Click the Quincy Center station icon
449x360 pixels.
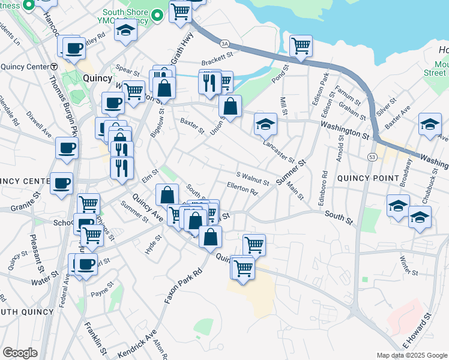point(54,67)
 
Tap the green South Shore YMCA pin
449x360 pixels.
point(158,15)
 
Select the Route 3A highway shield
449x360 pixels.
point(225,44)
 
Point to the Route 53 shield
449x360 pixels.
point(372,157)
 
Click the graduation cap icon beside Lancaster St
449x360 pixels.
point(265,124)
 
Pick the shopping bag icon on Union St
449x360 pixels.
point(230,107)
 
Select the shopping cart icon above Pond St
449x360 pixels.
point(301,46)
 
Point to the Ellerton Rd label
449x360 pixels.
point(243,188)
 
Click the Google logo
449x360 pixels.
point(20,353)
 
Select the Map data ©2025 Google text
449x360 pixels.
point(411,355)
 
